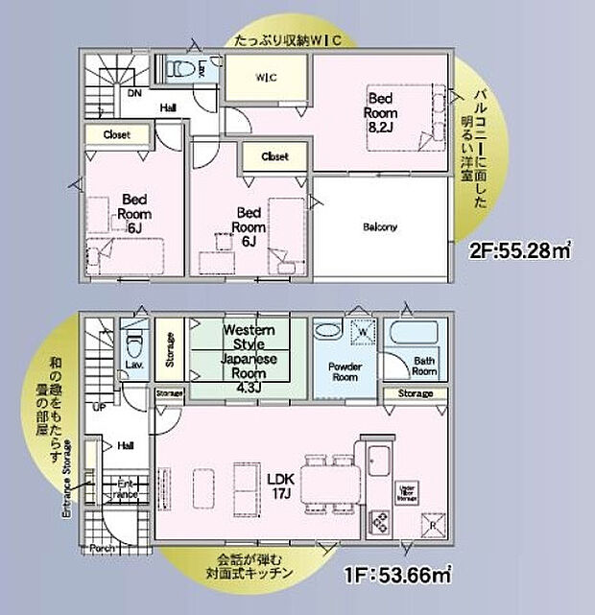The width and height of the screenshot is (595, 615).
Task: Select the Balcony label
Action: tap(380, 227)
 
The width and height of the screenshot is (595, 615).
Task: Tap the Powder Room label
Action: tap(344, 370)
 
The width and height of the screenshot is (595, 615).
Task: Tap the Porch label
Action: tap(104, 549)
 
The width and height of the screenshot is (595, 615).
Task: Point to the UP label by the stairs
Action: tap(99, 407)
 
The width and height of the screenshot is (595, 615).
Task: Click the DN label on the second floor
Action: tap(137, 93)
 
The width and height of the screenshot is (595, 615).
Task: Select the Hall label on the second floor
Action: tap(169, 107)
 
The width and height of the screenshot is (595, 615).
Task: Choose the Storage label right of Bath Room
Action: tap(416, 393)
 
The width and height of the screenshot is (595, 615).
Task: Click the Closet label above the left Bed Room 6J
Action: tap(117, 135)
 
